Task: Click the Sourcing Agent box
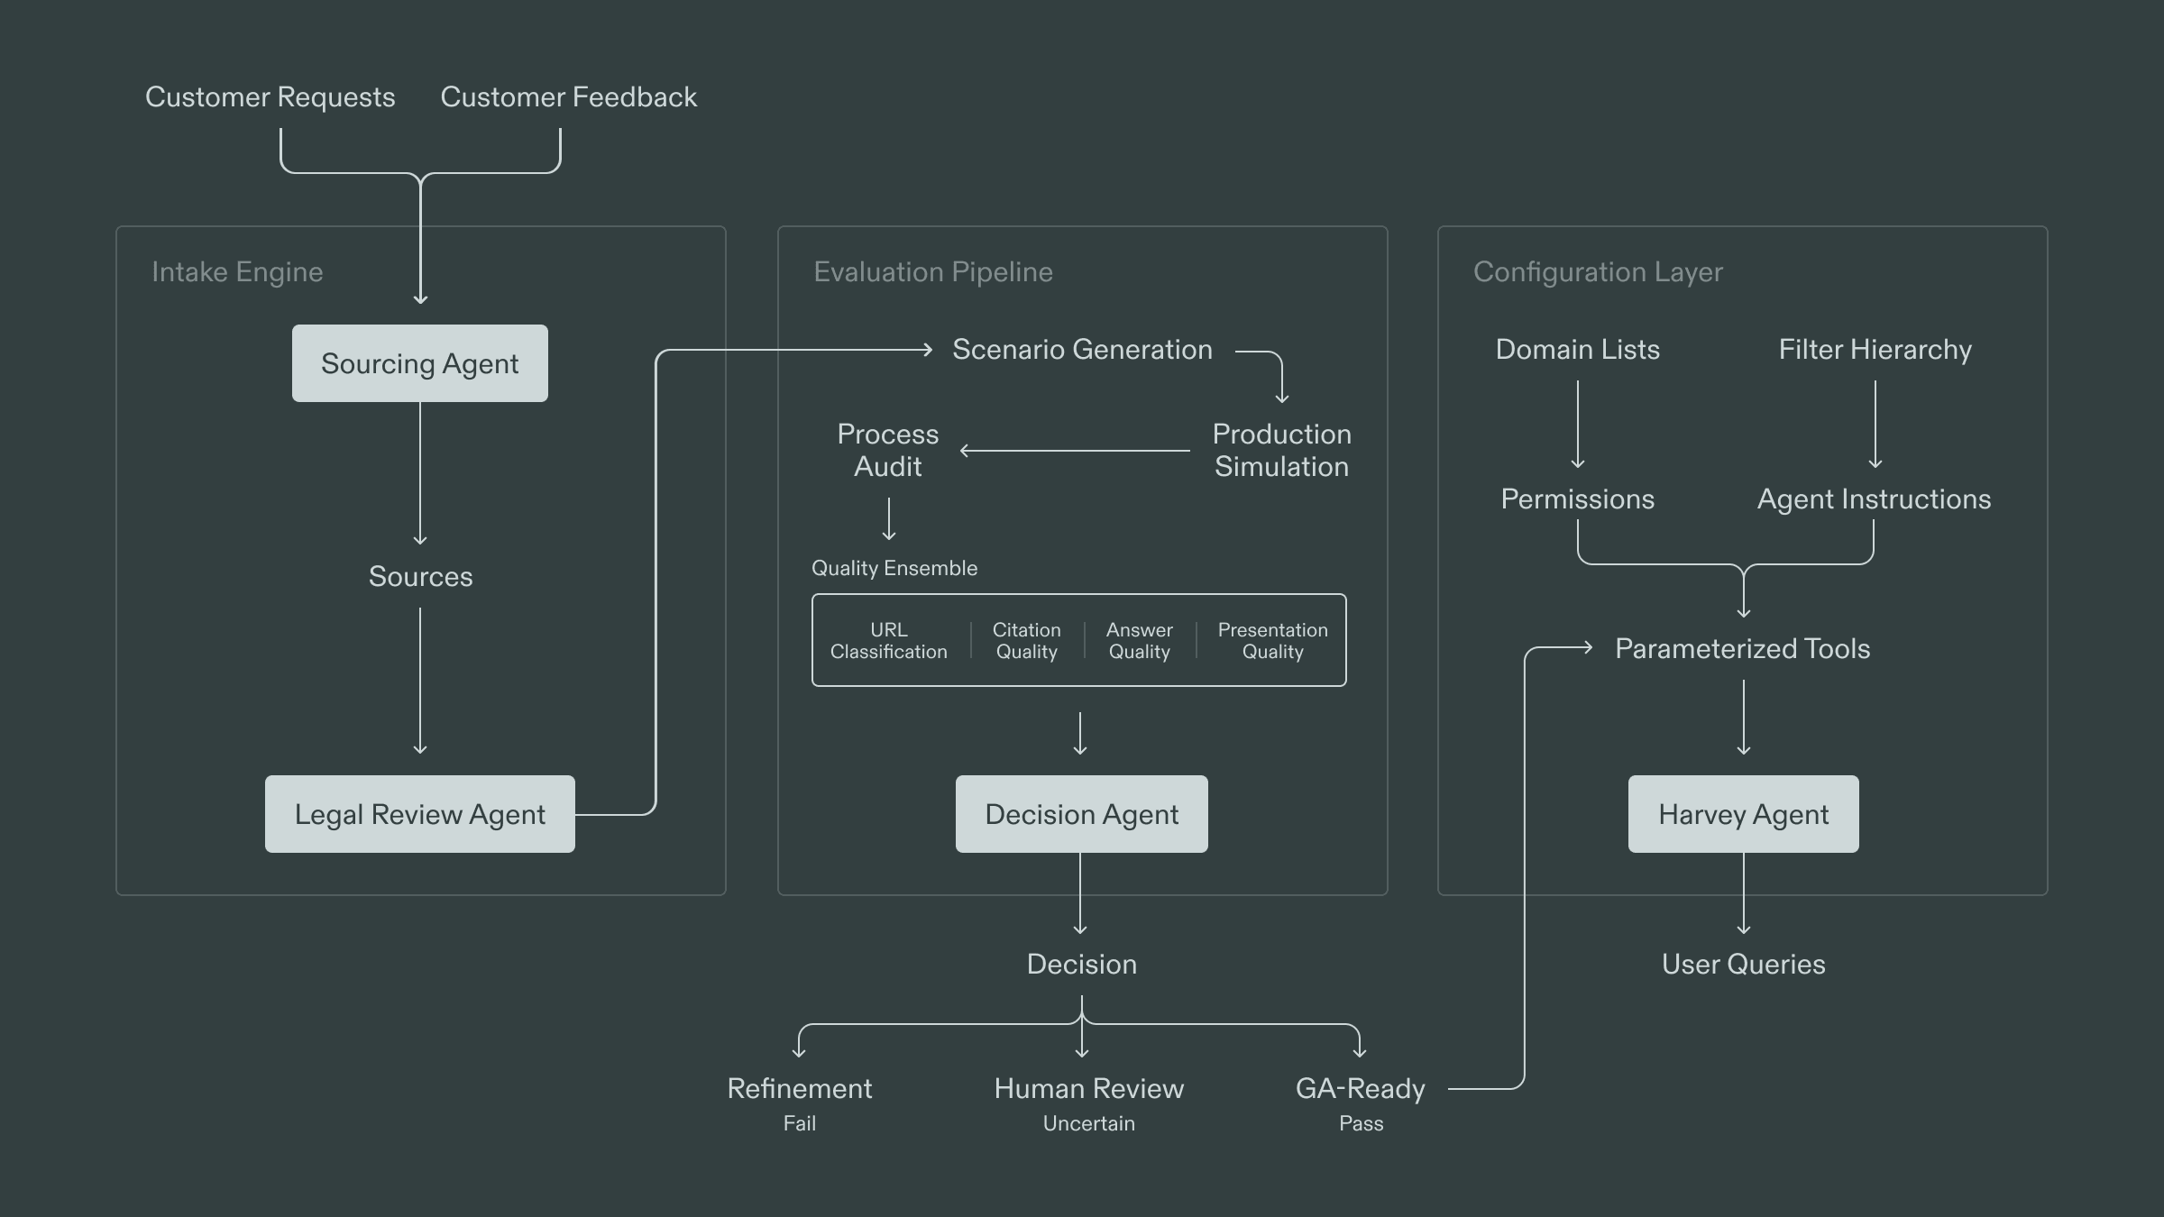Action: point(419,363)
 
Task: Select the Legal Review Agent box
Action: point(419,814)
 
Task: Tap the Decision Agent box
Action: point(1081,814)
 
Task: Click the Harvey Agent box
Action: point(1743,814)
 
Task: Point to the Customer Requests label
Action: point(270,96)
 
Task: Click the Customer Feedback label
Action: point(568,96)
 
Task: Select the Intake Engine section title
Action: point(237,271)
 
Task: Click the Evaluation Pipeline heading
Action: point(932,271)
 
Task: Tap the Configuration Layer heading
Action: point(1597,271)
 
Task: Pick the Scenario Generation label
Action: point(1081,349)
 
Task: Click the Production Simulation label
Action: point(1281,450)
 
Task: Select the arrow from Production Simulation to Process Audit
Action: point(1075,450)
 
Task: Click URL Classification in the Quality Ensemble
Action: point(888,640)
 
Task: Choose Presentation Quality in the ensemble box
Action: point(1272,640)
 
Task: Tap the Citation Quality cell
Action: point(1026,640)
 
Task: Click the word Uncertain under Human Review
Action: point(1088,1123)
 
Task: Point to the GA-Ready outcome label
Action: point(1360,1088)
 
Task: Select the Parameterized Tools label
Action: point(1742,648)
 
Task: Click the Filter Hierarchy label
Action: point(1875,349)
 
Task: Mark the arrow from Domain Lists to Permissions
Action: point(1577,424)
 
